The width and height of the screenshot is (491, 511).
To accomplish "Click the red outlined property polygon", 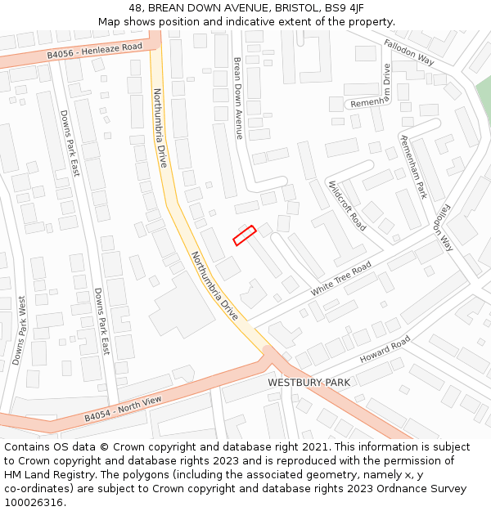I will click(x=244, y=235).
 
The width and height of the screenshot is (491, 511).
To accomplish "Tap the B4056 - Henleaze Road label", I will click(x=94, y=51).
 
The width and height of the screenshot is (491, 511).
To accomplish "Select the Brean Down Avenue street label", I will click(x=237, y=97).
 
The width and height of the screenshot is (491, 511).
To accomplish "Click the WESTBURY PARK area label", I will click(x=309, y=383).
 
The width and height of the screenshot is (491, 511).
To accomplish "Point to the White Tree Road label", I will click(x=340, y=280).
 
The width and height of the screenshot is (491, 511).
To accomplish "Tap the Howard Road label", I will click(x=385, y=350).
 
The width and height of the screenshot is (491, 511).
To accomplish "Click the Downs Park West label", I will click(x=18, y=330).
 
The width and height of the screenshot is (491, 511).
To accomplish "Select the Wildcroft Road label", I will click(x=347, y=205).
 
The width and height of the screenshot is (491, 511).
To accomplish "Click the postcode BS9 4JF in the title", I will click(x=345, y=8).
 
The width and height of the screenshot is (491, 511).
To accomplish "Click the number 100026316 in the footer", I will click(x=34, y=502).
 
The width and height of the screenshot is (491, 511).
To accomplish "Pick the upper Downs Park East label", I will click(x=70, y=143).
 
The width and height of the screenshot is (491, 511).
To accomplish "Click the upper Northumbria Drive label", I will click(x=160, y=128).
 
